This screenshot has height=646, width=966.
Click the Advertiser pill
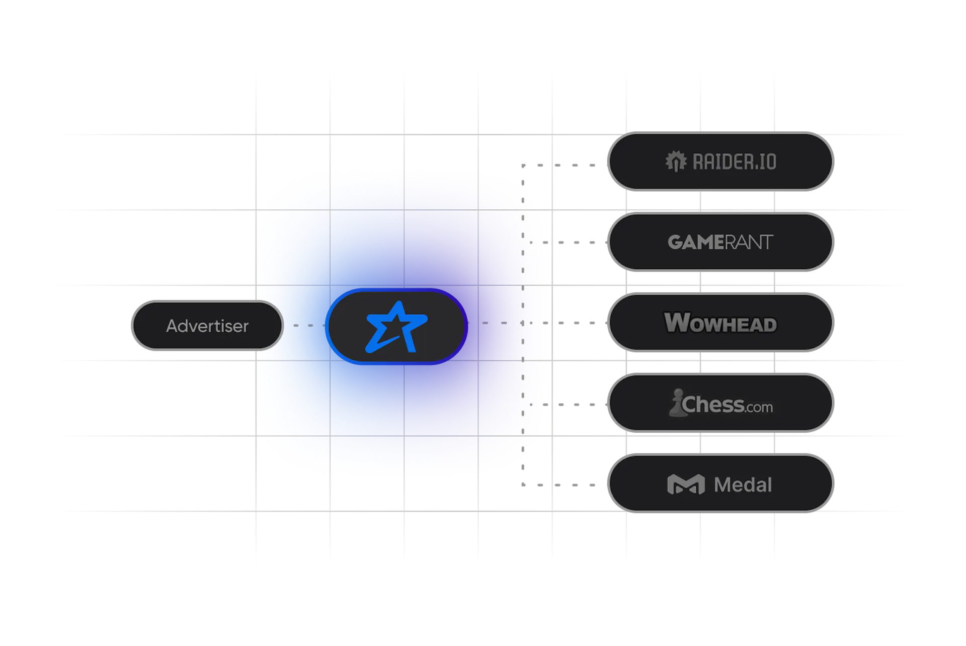pyautogui.click(x=207, y=326)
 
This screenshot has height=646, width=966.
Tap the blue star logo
pyautogui.click(x=396, y=327)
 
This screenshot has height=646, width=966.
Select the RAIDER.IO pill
pyautogui.click(x=720, y=161)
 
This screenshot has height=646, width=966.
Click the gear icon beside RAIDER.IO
pyautogui.click(x=676, y=161)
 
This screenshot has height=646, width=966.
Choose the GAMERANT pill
pyautogui.click(x=720, y=242)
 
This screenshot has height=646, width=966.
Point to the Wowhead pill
pyautogui.click(x=720, y=322)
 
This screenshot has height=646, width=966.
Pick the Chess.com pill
pyautogui.click(x=720, y=403)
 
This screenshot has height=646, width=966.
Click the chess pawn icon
pyautogui.click(x=677, y=402)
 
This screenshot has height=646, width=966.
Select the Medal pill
pyautogui.click(x=720, y=483)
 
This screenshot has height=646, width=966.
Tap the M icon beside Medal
pyautogui.click(x=686, y=484)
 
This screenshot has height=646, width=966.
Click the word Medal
pyautogui.click(x=743, y=485)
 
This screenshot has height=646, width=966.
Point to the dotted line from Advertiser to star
pyautogui.click(x=309, y=326)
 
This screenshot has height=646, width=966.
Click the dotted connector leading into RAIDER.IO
pyautogui.click(x=558, y=165)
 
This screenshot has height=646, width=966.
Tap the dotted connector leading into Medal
pyautogui.click(x=558, y=485)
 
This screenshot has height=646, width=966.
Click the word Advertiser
pyautogui.click(x=207, y=326)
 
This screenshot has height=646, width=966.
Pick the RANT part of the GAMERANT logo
pyautogui.click(x=748, y=243)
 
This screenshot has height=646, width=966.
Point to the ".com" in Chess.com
pyautogui.click(x=759, y=407)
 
